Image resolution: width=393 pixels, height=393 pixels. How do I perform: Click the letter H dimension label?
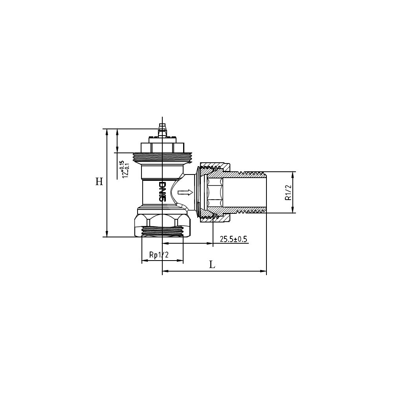(99, 182)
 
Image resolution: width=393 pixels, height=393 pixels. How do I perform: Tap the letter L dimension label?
(212, 264)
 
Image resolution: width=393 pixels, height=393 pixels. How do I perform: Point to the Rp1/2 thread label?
(159, 255)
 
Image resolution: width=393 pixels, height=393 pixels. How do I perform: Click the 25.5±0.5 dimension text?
(233, 239)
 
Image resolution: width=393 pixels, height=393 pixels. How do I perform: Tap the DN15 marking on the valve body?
(163, 192)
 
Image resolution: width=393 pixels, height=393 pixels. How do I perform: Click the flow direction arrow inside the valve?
(185, 193)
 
